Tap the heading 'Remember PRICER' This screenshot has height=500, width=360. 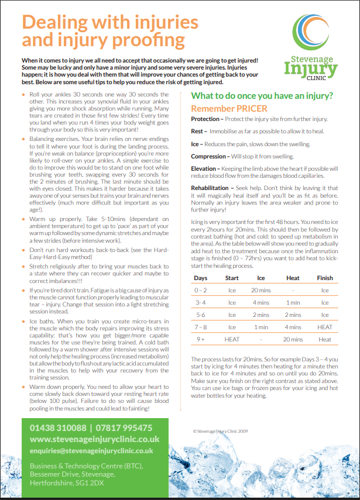229,108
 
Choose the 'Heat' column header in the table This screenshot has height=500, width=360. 293,278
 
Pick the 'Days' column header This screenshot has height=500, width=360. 201,278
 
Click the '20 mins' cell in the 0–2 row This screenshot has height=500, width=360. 261,290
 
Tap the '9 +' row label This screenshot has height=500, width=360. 201,339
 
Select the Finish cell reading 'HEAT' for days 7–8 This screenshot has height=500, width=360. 325,327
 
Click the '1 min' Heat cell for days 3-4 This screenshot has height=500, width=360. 293,302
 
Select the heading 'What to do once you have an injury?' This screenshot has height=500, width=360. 263,95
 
